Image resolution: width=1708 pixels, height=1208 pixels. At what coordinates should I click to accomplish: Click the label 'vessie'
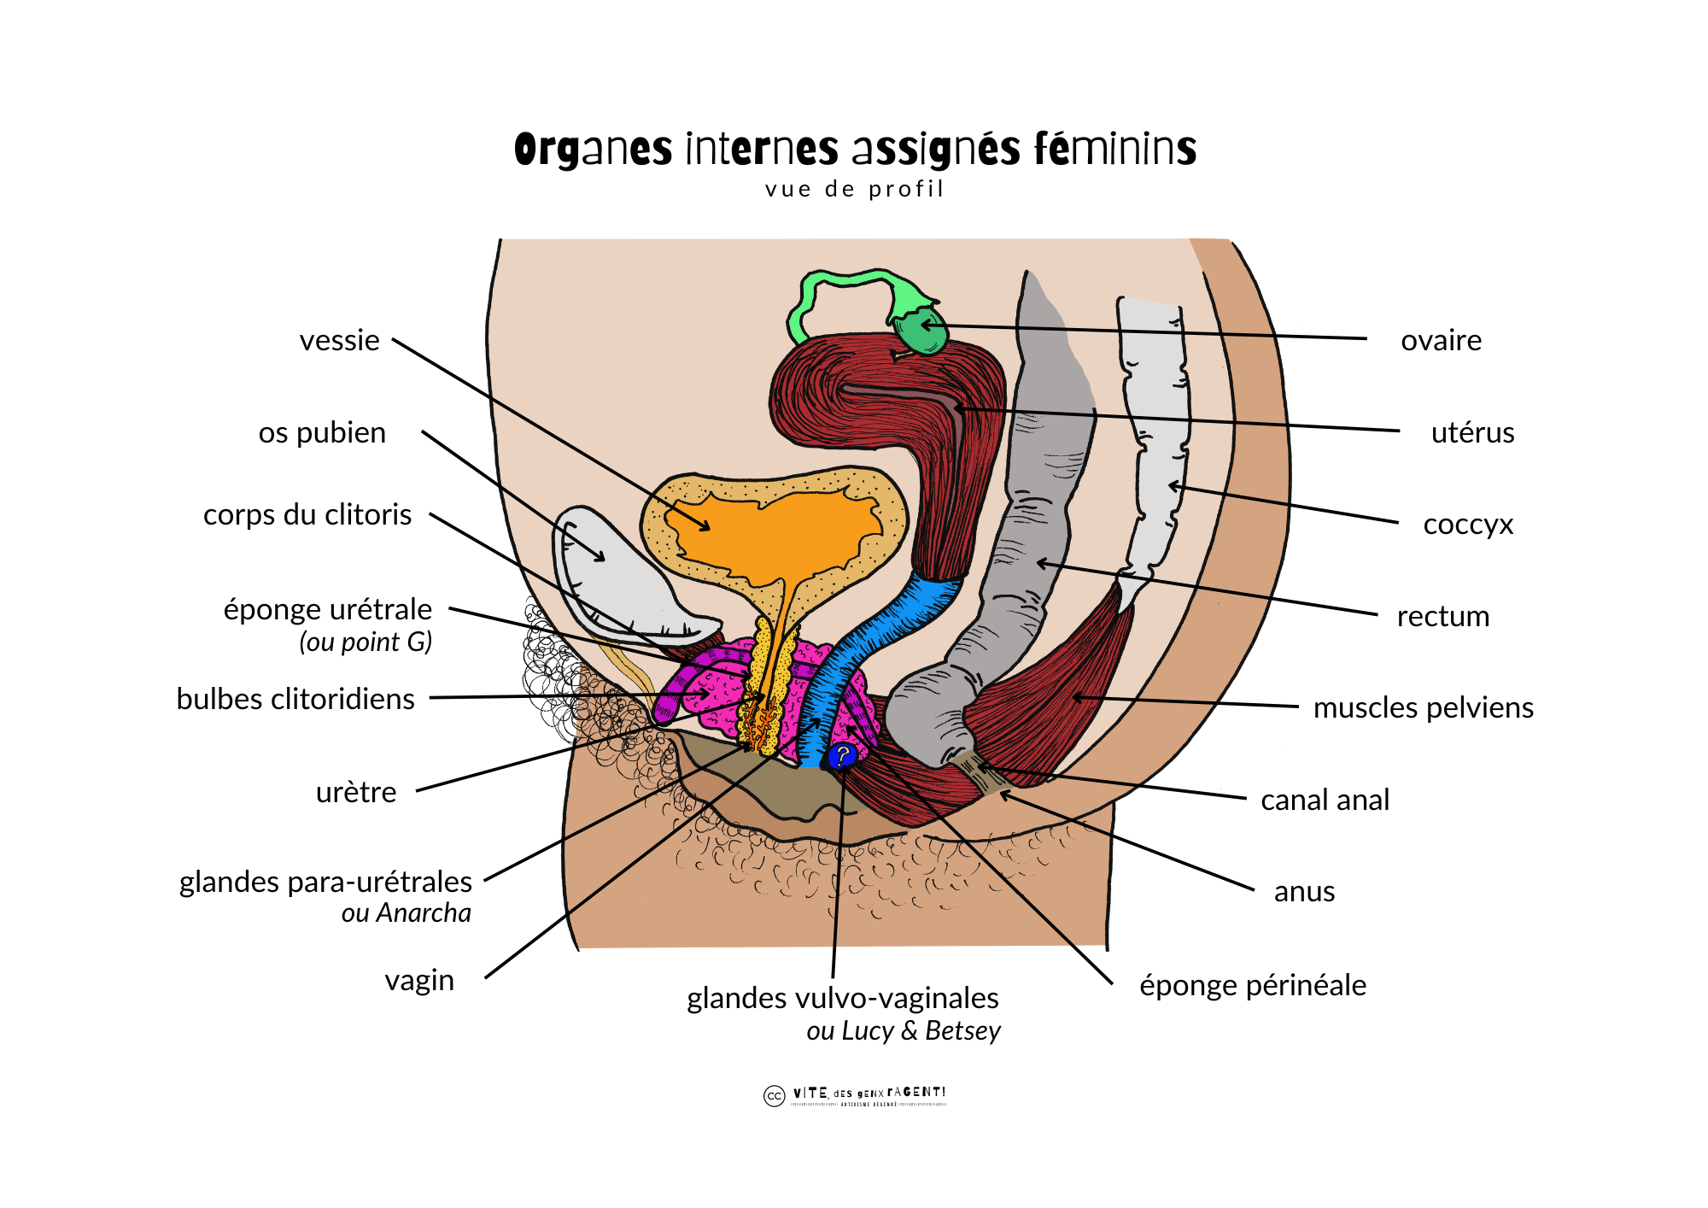pyautogui.click(x=339, y=340)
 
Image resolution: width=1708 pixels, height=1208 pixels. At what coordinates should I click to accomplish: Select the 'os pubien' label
pyautogui.click(x=322, y=432)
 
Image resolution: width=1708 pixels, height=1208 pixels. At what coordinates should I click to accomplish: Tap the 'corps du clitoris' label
pyautogui.click(x=307, y=514)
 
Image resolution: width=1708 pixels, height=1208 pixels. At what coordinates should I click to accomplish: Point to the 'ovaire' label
pyautogui.click(x=1441, y=340)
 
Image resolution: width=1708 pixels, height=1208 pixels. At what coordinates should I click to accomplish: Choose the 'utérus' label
pyautogui.click(x=1472, y=432)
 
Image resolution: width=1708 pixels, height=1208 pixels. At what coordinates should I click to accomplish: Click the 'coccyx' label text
pyautogui.click(x=1468, y=524)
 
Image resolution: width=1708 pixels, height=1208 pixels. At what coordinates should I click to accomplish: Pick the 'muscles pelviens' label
pyautogui.click(x=1423, y=707)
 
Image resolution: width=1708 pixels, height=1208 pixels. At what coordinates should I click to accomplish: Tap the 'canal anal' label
pyautogui.click(x=1325, y=800)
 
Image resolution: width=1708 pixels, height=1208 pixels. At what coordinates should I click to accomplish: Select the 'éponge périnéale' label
pyautogui.click(x=1253, y=985)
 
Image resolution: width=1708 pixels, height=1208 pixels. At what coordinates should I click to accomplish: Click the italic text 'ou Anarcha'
pyautogui.click(x=406, y=913)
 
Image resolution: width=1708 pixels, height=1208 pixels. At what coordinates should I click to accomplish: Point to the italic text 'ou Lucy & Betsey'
pyautogui.click(x=903, y=1030)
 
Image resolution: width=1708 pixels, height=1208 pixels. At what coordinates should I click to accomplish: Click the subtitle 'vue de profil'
pyautogui.click(x=855, y=189)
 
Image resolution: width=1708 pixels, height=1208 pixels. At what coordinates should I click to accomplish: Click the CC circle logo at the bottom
pyautogui.click(x=774, y=1096)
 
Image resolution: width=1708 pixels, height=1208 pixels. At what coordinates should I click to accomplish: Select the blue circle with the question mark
pyautogui.click(x=842, y=755)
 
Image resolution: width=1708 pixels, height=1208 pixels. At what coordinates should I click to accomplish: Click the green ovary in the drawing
pyautogui.click(x=921, y=333)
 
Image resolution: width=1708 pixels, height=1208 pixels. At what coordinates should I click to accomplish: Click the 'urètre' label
pyautogui.click(x=356, y=792)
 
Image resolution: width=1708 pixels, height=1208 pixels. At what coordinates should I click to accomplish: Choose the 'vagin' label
pyautogui.click(x=419, y=980)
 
